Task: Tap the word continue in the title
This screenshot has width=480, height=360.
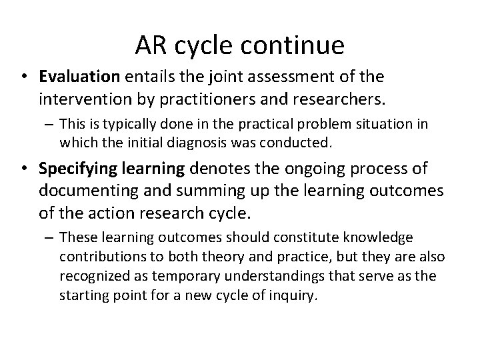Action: tap(293, 45)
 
